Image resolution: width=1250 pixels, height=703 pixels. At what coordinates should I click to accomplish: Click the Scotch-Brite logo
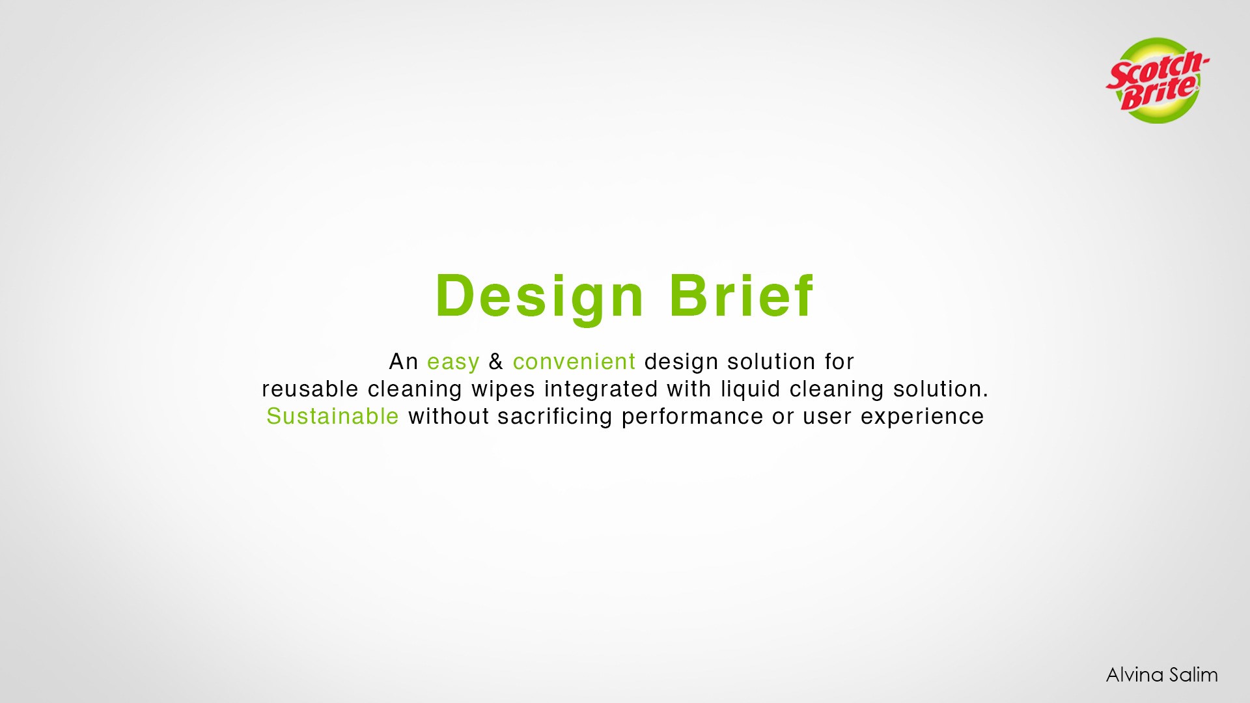tap(1157, 80)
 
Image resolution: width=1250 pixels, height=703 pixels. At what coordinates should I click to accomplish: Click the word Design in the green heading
tap(540, 297)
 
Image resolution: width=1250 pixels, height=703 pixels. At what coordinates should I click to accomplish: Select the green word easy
tap(453, 363)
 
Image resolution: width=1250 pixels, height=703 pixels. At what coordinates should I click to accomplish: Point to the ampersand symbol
tap(496, 361)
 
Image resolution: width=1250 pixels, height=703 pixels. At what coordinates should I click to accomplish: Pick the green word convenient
tap(574, 361)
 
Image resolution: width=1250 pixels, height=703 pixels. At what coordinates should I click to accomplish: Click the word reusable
tap(310, 389)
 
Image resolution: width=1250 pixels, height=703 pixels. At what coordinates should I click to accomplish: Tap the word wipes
tap(504, 390)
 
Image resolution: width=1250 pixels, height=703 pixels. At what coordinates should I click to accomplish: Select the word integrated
tap(601, 390)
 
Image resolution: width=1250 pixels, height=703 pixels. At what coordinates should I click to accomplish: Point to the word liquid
tap(750, 390)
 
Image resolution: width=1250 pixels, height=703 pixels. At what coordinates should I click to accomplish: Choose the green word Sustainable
tap(333, 416)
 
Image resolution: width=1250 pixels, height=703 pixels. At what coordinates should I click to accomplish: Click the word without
tap(449, 416)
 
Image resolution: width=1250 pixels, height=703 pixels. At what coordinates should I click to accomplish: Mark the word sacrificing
tap(555, 417)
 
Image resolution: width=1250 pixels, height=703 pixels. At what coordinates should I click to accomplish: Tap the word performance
tap(692, 417)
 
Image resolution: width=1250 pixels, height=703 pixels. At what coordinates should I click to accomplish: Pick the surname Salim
tap(1193, 675)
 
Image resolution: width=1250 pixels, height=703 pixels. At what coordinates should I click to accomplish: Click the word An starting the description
tap(404, 361)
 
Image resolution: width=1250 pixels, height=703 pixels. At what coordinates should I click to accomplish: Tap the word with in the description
tap(689, 389)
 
